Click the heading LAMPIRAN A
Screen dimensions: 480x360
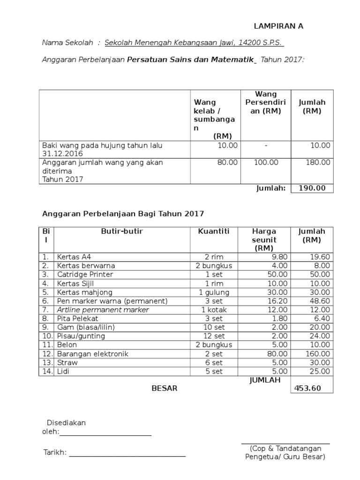278,26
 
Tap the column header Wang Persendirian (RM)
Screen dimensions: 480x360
265,103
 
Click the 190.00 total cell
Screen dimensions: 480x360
312,188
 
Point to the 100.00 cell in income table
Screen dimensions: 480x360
266,162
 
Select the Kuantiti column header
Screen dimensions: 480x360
213,231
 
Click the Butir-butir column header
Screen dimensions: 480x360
122,231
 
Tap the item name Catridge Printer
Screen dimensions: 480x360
85,274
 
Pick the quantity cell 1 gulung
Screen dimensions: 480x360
213,292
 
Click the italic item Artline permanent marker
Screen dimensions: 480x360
103,310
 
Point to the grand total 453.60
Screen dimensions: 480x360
308,388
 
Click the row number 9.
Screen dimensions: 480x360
45,327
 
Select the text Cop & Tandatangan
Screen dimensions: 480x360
285,448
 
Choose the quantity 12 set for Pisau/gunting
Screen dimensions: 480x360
213,336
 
